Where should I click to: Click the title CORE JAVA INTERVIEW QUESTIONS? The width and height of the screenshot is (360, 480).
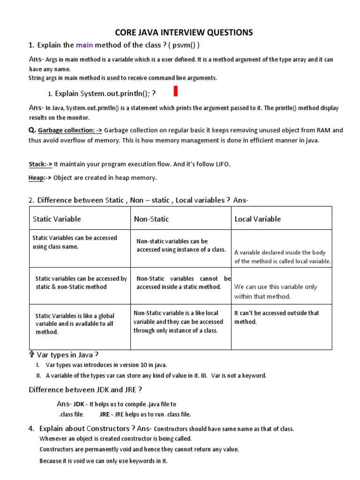[x=184, y=32]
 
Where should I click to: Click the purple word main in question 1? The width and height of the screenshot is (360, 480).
[x=84, y=45]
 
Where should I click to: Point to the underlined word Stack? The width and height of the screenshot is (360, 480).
[x=37, y=164]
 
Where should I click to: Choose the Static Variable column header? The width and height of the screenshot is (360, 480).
[x=57, y=219]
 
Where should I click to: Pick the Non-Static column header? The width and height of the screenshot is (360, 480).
[x=151, y=219]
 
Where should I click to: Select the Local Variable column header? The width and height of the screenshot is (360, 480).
[x=257, y=219]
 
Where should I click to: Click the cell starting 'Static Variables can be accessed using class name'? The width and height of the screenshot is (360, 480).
[x=75, y=242]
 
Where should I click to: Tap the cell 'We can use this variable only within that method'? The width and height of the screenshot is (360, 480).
[x=276, y=292]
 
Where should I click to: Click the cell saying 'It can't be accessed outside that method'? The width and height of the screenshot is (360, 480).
[x=277, y=317]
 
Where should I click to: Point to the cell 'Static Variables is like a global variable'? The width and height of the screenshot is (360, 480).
[x=75, y=323]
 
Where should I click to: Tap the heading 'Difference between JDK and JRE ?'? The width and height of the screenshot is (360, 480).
[x=85, y=390]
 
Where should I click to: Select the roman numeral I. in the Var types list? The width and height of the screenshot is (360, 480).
[x=38, y=365]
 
